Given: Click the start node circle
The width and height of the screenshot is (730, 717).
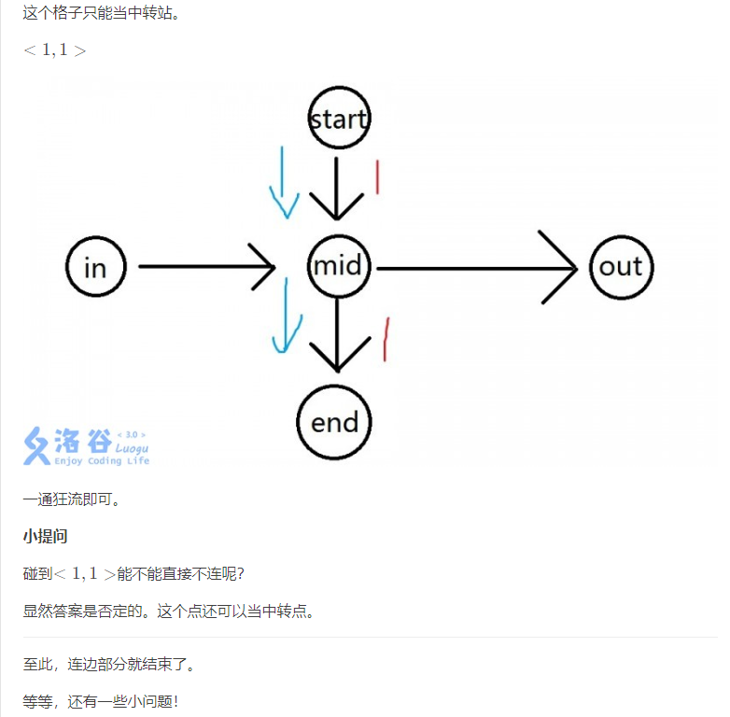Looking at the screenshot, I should [x=339, y=119].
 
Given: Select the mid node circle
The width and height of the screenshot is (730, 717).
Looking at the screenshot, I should [x=338, y=267].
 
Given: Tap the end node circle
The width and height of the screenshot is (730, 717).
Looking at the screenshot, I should [x=334, y=422].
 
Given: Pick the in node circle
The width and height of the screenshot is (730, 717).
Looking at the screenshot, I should [x=95, y=268].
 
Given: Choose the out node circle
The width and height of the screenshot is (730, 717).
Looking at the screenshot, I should [x=621, y=267].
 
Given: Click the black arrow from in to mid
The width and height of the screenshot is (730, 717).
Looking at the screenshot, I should [x=205, y=268].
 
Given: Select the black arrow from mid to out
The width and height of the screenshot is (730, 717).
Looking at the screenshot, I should [x=476, y=268].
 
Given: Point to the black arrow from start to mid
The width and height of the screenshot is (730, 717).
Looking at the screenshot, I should [x=337, y=187].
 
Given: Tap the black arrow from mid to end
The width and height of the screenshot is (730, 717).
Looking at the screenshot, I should [x=338, y=336].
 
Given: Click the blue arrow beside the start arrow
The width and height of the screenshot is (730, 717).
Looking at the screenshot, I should [x=283, y=182].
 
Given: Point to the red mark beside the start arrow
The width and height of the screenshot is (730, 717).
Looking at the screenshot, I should [x=376, y=177].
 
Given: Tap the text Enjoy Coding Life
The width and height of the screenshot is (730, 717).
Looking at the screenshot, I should [x=102, y=461].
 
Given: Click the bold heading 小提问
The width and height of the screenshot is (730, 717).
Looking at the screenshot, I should [x=45, y=536].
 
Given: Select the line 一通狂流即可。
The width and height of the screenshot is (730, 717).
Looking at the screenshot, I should [x=72, y=499].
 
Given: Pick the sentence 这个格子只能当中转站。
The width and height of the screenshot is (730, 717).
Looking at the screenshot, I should [x=101, y=13].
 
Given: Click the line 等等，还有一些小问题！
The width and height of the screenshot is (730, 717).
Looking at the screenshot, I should [x=101, y=701].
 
